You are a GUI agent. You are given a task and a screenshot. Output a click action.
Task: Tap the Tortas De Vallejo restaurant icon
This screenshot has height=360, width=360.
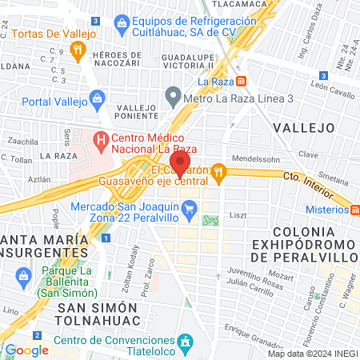click(x=78, y=51)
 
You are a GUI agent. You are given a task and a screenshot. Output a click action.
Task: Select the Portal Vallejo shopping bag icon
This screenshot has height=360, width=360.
click(x=98, y=99)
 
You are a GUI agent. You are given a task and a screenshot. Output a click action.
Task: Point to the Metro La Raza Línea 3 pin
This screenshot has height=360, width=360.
click(x=172, y=98)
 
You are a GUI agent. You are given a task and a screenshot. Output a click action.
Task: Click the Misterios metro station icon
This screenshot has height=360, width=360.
click(x=353, y=210)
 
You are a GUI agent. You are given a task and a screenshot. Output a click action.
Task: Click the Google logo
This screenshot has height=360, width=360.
click(x=26, y=350)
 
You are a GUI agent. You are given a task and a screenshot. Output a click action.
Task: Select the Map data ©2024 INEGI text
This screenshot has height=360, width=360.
click(x=313, y=354)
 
